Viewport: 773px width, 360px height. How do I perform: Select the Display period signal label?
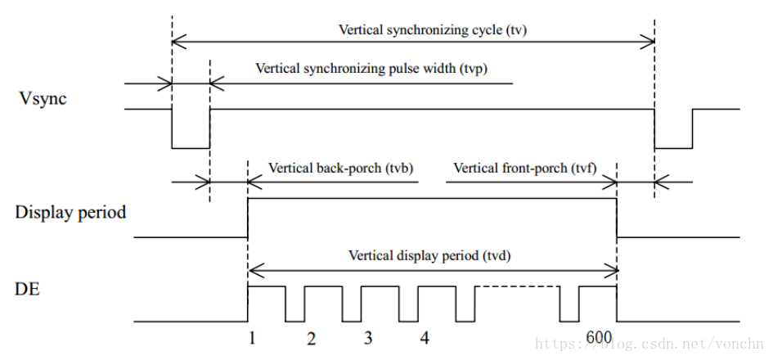[70, 213]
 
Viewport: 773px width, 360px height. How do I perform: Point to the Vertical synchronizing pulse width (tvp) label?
[371, 68]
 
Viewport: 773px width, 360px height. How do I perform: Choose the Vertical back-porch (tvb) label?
[340, 168]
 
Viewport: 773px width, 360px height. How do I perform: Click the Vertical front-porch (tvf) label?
[524, 168]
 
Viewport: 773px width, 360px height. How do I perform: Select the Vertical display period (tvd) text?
[429, 254]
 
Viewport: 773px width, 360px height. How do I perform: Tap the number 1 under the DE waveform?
[254, 338]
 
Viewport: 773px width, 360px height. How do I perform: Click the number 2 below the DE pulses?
[311, 338]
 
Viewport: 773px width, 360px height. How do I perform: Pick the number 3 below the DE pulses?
[368, 338]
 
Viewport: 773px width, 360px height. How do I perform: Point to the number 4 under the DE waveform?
[424, 338]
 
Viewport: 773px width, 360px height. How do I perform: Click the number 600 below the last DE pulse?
[599, 337]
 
